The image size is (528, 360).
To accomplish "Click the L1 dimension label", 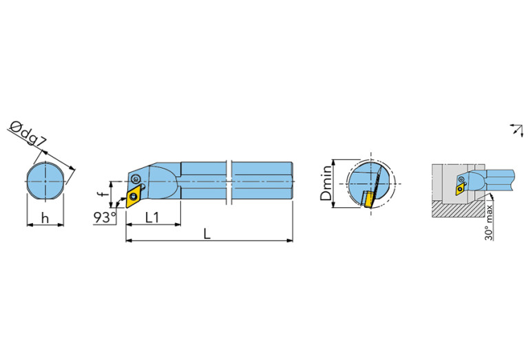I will point(154,218).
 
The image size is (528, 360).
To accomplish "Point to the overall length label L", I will point(207,234).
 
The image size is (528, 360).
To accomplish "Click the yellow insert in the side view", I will point(133,198).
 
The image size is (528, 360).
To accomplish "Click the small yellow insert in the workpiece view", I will point(459,185).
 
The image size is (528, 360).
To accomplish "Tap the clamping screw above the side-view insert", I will point(136,180).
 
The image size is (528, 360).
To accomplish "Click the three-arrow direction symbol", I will point(515,129).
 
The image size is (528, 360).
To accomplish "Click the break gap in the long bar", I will point(229,181).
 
